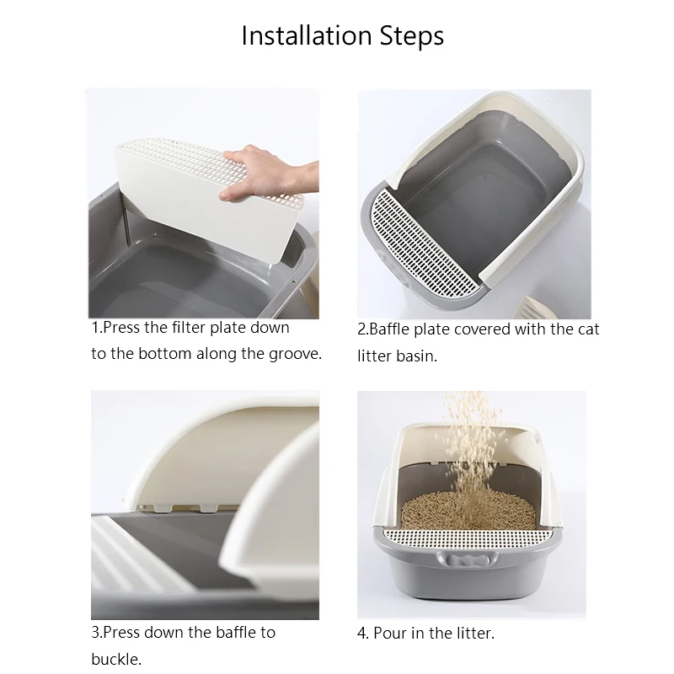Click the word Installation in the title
307,35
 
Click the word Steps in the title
412,36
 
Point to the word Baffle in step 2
389,329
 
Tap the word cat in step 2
588,329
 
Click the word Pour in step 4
390,634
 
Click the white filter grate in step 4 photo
468,539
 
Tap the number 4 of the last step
362,634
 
